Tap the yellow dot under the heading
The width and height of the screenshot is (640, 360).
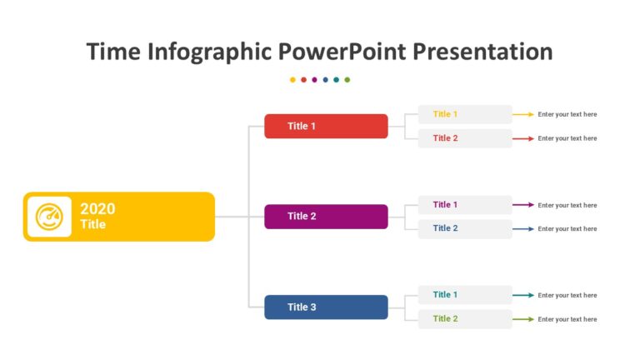point(292,80)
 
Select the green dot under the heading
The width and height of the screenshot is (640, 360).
point(347,80)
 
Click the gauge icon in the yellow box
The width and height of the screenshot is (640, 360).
point(49,217)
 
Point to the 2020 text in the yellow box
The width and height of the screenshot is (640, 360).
point(97,208)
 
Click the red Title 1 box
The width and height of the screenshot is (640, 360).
point(326,126)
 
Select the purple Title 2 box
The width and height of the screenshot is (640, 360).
point(326,217)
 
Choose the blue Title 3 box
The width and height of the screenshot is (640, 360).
point(326,307)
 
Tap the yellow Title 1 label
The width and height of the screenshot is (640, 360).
point(445,114)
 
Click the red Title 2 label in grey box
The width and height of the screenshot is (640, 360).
point(445,138)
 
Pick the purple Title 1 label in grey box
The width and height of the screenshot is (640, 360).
point(445,204)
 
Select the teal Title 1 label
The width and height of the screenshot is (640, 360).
point(445,295)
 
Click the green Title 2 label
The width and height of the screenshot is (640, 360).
point(445,318)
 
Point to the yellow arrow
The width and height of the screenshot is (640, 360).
point(523,114)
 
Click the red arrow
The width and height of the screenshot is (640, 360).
point(523,138)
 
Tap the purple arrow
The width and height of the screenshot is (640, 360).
point(523,204)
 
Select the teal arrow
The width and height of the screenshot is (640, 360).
point(523,295)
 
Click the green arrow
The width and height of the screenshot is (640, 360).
point(523,319)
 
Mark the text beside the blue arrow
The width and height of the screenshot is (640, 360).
point(567,228)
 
